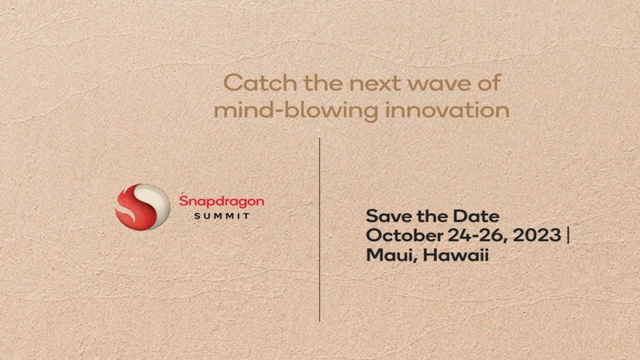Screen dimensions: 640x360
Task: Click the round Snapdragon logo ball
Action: [142, 207]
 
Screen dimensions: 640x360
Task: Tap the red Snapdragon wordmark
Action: [221, 202]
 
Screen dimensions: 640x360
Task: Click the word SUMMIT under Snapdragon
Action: [221, 216]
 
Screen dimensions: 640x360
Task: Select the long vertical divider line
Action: [319, 229]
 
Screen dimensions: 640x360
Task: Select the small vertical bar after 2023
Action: [567, 235]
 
